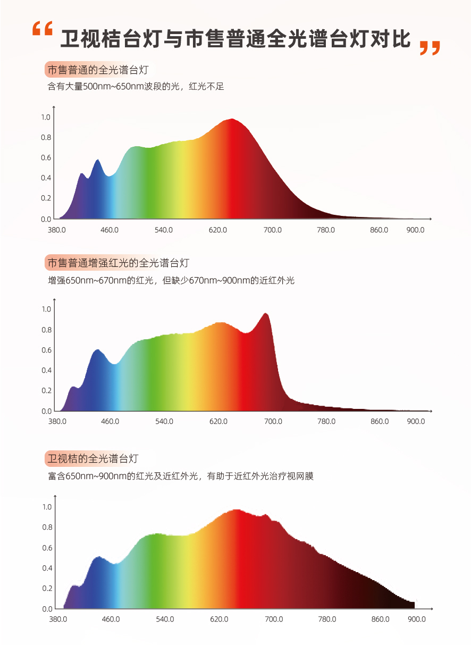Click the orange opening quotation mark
(x=42, y=29)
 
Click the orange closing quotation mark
(x=430, y=47)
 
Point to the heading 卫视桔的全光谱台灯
(x=93, y=458)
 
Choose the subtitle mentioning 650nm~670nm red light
(x=171, y=280)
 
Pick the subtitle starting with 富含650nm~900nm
(x=181, y=476)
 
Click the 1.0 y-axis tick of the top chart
(x=46, y=117)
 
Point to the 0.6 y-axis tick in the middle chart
(x=46, y=350)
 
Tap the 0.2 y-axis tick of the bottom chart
(x=47, y=588)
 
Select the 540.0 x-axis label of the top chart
(x=164, y=230)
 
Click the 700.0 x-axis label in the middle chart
(x=273, y=422)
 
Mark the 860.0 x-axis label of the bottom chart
(x=381, y=619)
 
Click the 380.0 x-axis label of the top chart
(x=57, y=230)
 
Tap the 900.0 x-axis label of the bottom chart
(x=417, y=619)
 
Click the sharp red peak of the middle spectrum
(x=266, y=314)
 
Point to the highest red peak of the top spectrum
(x=232, y=120)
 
